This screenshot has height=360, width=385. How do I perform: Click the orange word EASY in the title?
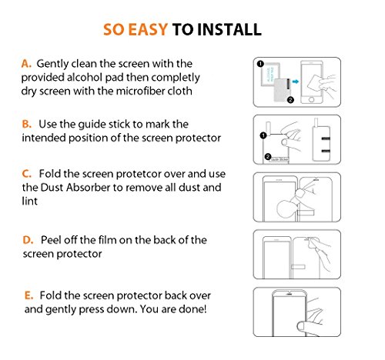[148, 29]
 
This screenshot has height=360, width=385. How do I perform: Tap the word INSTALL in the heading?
[229, 29]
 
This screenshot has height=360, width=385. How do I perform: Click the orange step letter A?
[26, 64]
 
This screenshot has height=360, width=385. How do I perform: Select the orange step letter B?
[26, 124]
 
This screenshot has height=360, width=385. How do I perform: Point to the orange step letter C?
[26, 174]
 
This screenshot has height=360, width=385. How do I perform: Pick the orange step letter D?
[28, 240]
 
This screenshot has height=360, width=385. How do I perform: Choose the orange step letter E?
[28, 295]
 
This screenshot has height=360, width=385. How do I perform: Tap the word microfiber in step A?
[140, 91]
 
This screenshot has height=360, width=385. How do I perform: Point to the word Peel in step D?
[51, 240]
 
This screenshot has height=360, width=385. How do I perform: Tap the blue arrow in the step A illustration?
[296, 82]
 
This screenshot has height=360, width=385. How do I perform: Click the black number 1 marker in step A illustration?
[260, 64]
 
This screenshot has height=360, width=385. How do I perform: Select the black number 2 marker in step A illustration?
[290, 100]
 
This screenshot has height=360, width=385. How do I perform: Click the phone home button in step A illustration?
[311, 99]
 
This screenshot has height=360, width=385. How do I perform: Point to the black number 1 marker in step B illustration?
[263, 135]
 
